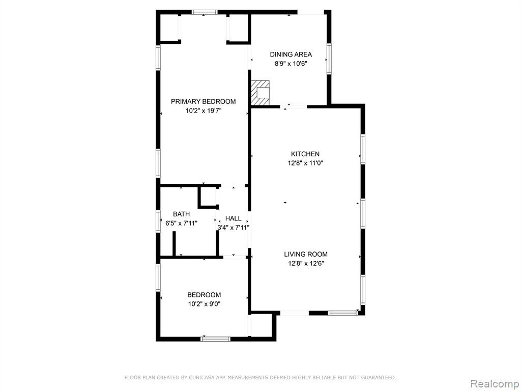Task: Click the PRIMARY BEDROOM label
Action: coord(204,101)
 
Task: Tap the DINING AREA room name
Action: coord(291,54)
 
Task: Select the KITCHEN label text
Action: coord(305,154)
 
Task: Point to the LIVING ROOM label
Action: coord(306,255)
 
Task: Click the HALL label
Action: coord(233,218)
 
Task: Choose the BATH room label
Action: coord(182,214)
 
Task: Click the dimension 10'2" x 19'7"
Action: coord(204,110)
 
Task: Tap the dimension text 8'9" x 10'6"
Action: coord(291,64)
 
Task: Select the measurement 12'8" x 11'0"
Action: coord(305,163)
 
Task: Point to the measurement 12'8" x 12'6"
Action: coord(306,264)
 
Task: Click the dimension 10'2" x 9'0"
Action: coord(204,304)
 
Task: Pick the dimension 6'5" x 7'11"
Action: coord(182,223)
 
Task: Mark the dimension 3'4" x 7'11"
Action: coord(233,228)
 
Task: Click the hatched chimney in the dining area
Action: coord(260,93)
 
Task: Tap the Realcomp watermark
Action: coord(495,384)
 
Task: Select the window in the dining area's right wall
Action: coord(329,59)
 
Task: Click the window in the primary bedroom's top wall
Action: coord(205,12)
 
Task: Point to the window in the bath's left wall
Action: coord(159,221)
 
